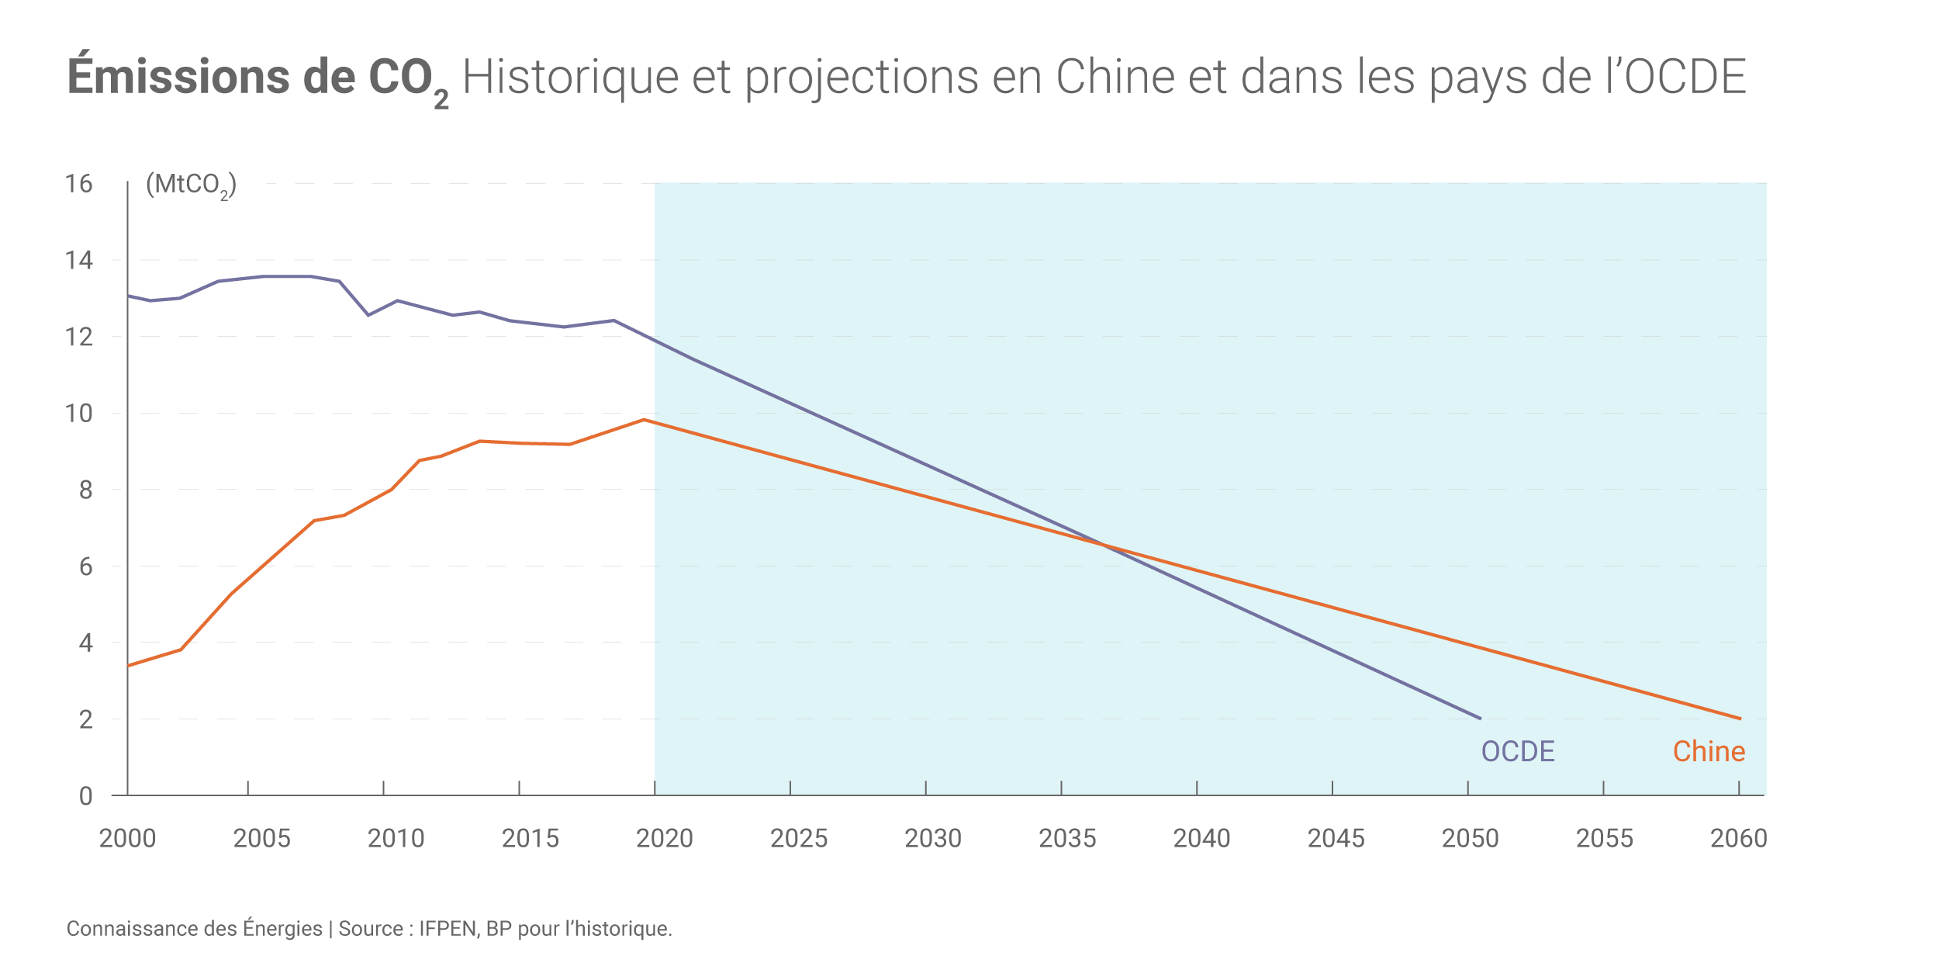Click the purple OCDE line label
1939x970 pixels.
click(1518, 751)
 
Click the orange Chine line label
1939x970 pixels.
click(1709, 751)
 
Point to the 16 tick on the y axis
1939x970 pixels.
click(78, 184)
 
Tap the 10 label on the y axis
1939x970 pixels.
click(78, 414)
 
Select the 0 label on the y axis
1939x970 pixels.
click(85, 796)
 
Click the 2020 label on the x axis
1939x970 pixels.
click(664, 838)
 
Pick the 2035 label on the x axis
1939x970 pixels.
click(1067, 838)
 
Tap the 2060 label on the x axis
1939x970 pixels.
click(1738, 838)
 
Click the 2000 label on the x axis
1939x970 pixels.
click(127, 838)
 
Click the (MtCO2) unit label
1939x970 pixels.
click(191, 185)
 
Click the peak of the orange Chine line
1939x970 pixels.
click(644, 420)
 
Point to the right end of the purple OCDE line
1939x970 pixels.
click(1480, 718)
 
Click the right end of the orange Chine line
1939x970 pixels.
click(1740, 719)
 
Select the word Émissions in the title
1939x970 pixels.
click(178, 76)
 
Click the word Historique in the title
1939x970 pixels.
click(569, 78)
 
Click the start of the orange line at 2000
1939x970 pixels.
click(129, 665)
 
